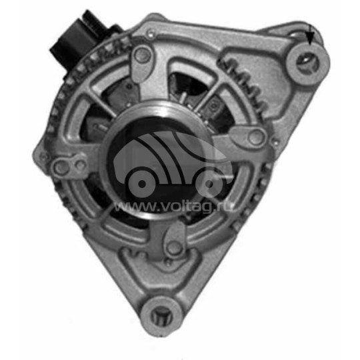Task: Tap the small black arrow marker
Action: pos(309,37)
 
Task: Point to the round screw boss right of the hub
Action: pos(255,138)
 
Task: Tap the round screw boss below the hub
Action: pos(174,247)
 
